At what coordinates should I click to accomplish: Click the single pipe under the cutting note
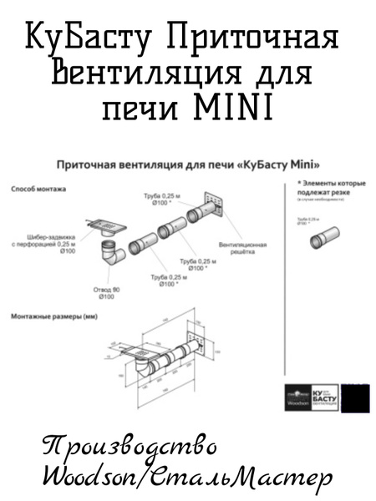pyautogui.click(x=328, y=243)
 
